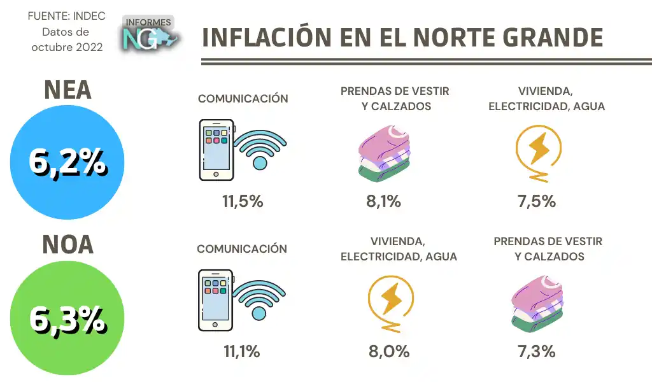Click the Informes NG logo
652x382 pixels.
click(x=150, y=34)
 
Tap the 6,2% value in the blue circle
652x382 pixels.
click(x=67, y=163)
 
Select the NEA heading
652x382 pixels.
click(x=67, y=90)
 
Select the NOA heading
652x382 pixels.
click(x=67, y=245)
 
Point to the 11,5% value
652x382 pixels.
click(x=243, y=202)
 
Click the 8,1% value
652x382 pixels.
click(x=383, y=202)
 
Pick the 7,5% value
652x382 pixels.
click(x=537, y=202)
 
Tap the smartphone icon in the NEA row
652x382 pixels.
click(x=216, y=150)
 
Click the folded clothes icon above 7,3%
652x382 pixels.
click(x=538, y=303)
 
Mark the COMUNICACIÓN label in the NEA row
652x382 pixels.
click(x=243, y=99)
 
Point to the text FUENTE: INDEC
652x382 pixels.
click(x=67, y=17)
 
